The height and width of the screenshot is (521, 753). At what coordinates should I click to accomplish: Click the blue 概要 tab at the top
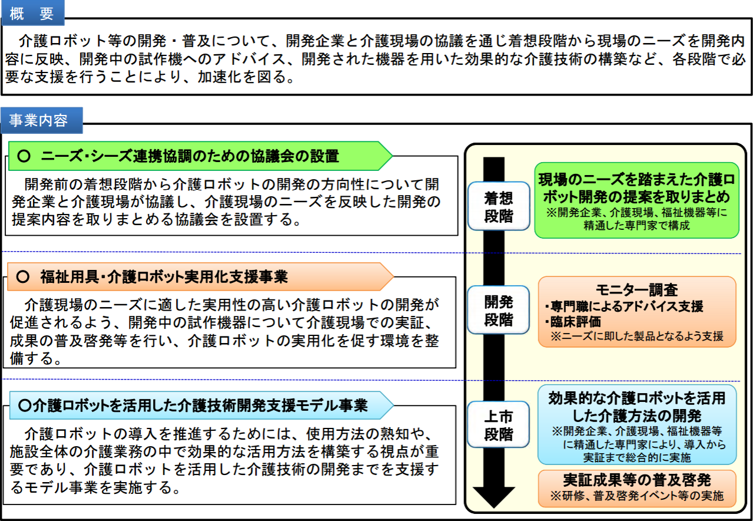coord(32,13)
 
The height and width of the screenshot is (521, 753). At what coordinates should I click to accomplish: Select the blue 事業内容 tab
coord(42,120)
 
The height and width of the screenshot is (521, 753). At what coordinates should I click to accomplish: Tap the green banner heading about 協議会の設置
coord(200,156)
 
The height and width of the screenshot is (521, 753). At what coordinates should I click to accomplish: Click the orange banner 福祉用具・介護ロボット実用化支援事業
coord(200,276)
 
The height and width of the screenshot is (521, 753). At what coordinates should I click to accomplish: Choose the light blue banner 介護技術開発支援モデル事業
coord(201,405)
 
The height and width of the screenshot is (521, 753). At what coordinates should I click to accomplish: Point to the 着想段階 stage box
coord(499,206)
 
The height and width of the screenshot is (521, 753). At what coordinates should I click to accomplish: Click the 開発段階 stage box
coord(498,310)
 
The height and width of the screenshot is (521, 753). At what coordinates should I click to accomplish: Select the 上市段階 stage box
coord(498,425)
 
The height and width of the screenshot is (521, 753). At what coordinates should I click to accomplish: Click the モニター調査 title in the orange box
coord(636,290)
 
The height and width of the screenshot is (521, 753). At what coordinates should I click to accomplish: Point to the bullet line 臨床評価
coord(573,322)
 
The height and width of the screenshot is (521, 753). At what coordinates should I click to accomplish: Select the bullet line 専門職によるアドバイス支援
coord(624,306)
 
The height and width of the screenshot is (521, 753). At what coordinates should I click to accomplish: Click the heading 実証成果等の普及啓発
coord(637,480)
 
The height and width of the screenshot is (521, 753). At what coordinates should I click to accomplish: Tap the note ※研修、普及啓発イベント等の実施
coord(637,496)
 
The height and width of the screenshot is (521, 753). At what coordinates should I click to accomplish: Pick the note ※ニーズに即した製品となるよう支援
coord(637,336)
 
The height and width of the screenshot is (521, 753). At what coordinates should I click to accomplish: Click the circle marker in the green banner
coord(24,156)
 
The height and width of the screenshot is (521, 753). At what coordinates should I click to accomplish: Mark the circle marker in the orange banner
coord(23,276)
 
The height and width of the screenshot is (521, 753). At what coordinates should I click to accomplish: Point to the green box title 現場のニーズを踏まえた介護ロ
coord(636,179)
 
